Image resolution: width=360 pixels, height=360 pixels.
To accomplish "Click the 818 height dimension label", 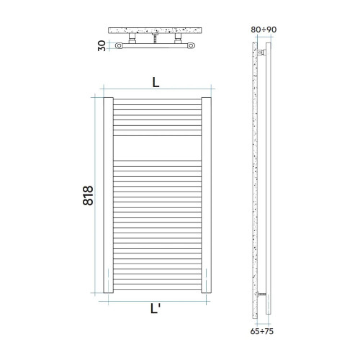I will (x=88, y=195).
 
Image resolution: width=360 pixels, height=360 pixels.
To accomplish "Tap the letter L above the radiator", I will (x=156, y=82).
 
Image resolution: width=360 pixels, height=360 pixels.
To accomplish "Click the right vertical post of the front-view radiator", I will (x=206, y=196).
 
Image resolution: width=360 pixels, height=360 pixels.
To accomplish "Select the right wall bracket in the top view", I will (x=176, y=39).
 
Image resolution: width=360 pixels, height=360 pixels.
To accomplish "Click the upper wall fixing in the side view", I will (x=262, y=53).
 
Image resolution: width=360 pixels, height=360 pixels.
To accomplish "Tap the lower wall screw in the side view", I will (x=263, y=294).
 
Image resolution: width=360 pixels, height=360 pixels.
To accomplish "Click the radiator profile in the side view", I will (x=269, y=180).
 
